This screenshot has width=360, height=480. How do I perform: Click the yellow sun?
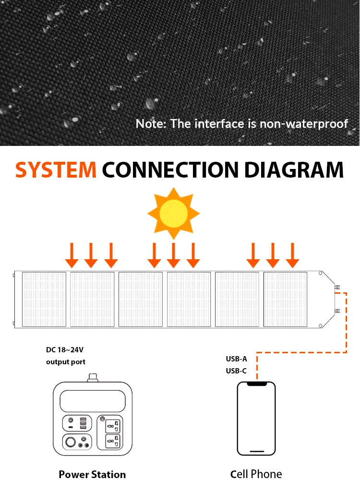point(173,213)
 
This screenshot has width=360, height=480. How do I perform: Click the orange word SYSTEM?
point(56,170)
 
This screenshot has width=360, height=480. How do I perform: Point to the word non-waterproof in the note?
point(304,123)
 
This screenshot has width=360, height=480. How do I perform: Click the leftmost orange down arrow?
point(72,255)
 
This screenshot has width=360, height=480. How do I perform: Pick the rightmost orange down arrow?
point(292,255)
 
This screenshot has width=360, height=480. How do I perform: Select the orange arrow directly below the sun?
point(173,255)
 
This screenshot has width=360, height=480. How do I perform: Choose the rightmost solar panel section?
point(285,299)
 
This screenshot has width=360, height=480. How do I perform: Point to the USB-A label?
point(237,359)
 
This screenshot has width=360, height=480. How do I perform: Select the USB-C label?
point(237,371)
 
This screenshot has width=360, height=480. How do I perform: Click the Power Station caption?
point(92,474)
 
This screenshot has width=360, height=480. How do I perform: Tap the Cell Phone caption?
point(256,474)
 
